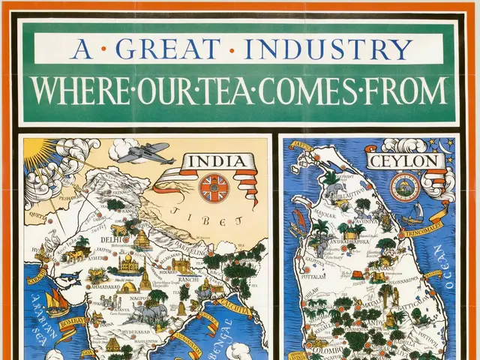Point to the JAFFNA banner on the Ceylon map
[300, 145]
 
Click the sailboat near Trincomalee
[412, 220]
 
